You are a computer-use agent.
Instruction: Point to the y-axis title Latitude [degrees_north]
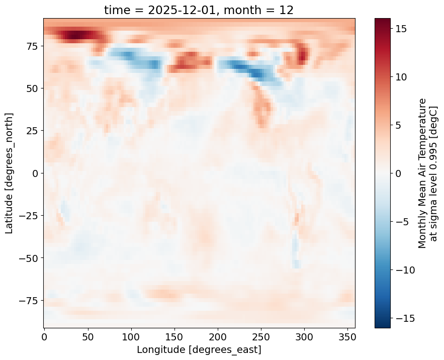click(x=10, y=173)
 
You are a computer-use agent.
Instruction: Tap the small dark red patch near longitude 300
click(x=302, y=54)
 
